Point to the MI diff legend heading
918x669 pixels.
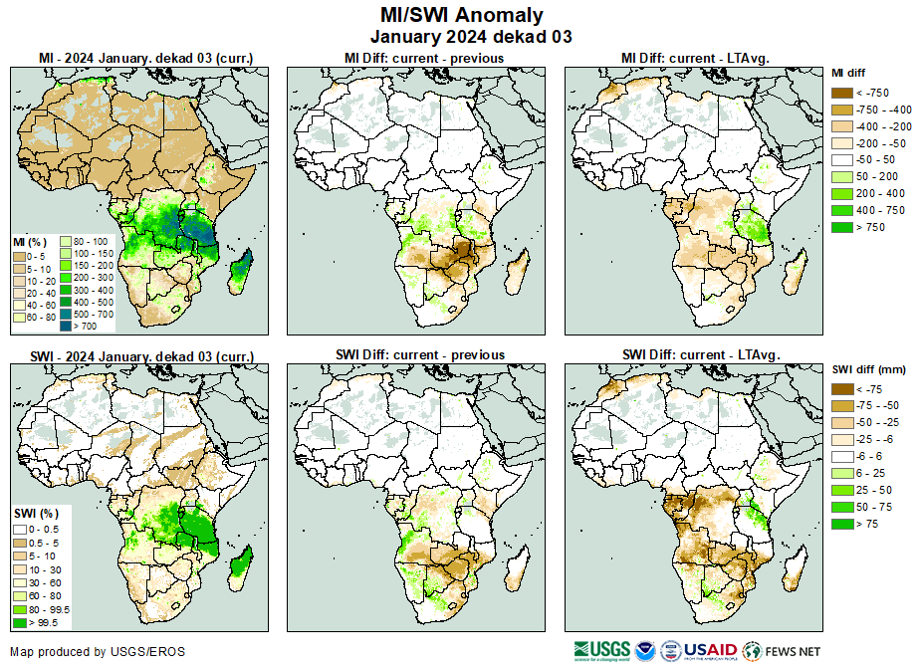(x=850, y=73)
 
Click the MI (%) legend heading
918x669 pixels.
(x=26, y=242)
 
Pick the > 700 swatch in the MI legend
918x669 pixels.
(x=67, y=326)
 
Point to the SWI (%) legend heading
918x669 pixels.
(x=30, y=513)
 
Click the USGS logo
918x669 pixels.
(x=603, y=650)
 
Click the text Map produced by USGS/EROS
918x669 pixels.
(x=98, y=652)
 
